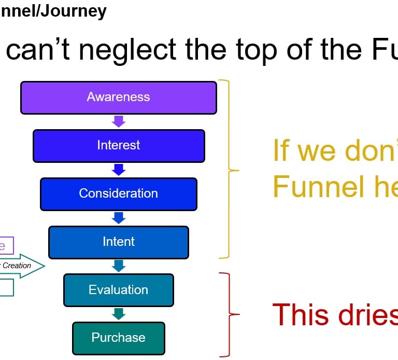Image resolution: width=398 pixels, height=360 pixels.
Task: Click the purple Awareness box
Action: (118, 98)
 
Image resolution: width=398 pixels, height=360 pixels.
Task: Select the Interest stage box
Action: (118, 145)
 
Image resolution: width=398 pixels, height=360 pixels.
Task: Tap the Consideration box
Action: (118, 193)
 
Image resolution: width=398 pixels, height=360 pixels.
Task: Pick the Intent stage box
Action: (118, 242)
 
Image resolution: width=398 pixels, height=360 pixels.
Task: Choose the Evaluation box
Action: (118, 290)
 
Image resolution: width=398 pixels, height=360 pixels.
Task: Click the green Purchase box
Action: (118, 338)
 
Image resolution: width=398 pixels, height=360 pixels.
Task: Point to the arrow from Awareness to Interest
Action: (119, 121)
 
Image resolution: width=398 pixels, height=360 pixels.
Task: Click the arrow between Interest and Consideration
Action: (119, 170)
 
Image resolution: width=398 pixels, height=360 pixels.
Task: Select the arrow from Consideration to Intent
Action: (119, 217)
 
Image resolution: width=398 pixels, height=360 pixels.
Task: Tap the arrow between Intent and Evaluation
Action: (119, 266)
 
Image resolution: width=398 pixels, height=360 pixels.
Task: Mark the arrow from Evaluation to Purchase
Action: (119, 314)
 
